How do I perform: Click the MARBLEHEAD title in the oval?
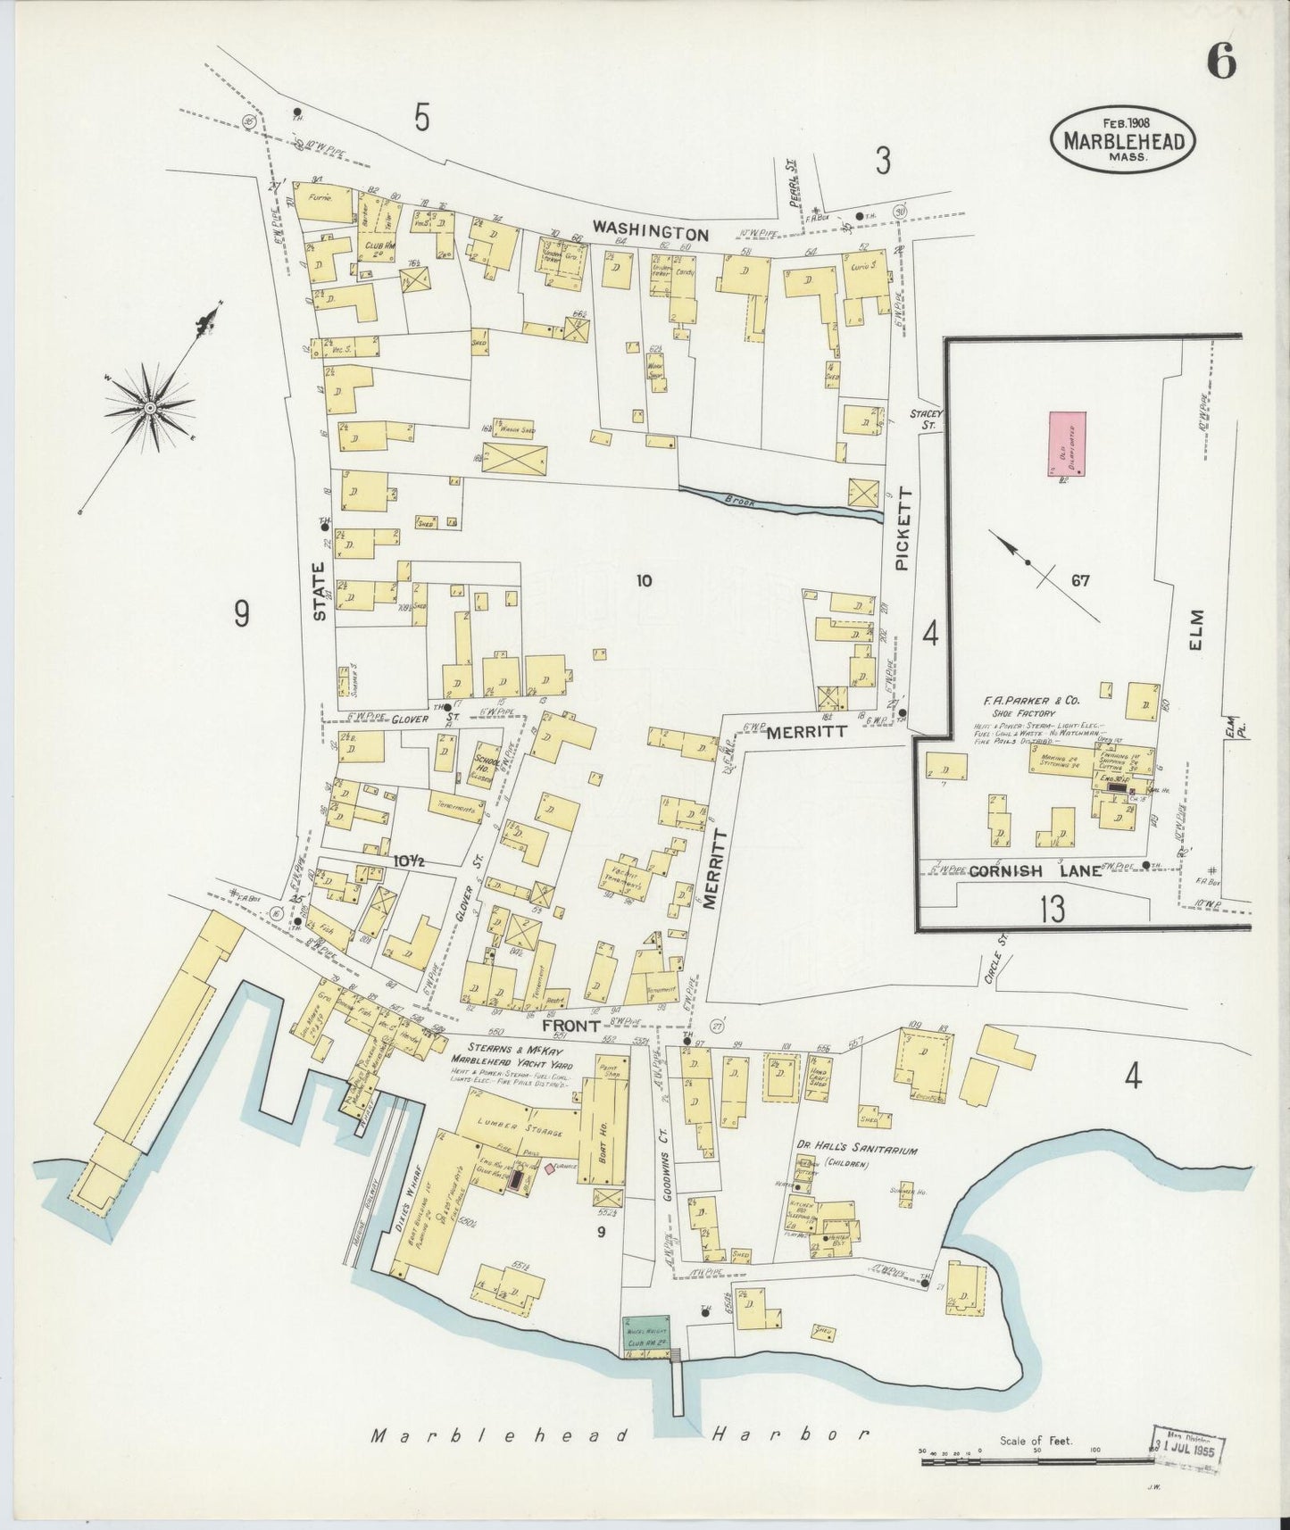coord(1123,143)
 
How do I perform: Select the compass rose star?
coord(151,408)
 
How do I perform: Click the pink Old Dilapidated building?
coord(1066,445)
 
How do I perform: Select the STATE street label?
coord(320,589)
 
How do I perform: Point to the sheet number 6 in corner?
coord(1221,62)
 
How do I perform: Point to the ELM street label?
coord(1196,629)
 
